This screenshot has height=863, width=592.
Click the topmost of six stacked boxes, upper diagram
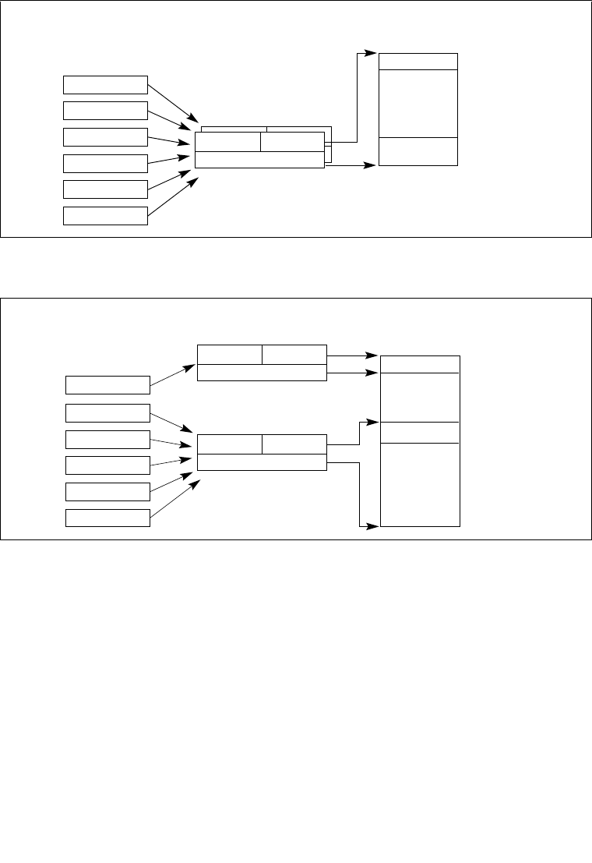click(x=105, y=84)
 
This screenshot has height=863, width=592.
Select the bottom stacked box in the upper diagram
click(x=105, y=215)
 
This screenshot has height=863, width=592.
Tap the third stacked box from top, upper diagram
click(x=105, y=136)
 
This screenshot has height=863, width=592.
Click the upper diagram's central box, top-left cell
click(x=227, y=142)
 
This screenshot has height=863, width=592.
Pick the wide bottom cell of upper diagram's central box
click(x=259, y=160)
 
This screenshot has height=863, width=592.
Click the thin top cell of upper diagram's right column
click(x=418, y=62)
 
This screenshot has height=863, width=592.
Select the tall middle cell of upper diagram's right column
click(x=418, y=103)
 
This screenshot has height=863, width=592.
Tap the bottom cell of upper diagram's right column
click(x=418, y=151)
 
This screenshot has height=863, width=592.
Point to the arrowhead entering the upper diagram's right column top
click(x=373, y=54)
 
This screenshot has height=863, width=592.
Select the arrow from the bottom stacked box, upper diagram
click(x=172, y=195)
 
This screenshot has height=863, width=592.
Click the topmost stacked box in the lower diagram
click(x=107, y=385)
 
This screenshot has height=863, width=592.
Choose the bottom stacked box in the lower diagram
click(x=107, y=518)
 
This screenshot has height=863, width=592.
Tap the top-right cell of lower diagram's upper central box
click(x=294, y=354)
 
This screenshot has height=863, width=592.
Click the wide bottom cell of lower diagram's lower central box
click(x=262, y=462)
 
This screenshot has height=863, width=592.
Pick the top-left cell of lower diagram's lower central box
click(x=230, y=444)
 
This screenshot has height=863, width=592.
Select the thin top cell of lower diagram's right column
click(x=420, y=364)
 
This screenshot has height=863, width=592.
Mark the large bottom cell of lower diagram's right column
click(x=420, y=484)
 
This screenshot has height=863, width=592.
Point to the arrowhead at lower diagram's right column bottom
click(x=374, y=526)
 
